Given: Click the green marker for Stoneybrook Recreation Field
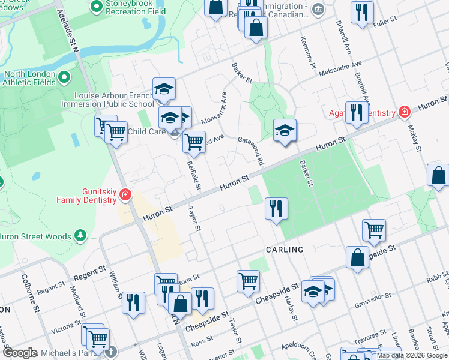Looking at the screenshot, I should [x=95, y=7].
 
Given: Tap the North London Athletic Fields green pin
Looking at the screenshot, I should [x=64, y=77].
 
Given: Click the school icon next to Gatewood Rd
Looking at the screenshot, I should [x=285, y=130].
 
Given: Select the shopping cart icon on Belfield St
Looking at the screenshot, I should [x=193, y=142].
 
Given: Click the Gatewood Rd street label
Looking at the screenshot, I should [x=251, y=150].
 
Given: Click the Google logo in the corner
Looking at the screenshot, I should [x=20, y=353].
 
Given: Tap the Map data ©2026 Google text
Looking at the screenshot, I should [x=412, y=355].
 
